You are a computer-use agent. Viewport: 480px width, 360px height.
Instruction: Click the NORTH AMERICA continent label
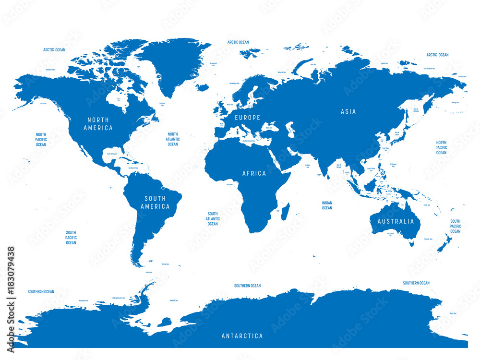[x=98, y=124]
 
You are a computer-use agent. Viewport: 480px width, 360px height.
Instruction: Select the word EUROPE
[x=247, y=118]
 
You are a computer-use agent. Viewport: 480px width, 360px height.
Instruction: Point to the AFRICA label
[x=254, y=173]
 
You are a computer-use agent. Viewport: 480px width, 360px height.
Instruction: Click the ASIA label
[x=348, y=111]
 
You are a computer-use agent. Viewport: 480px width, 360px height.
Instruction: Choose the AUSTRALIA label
[x=396, y=221]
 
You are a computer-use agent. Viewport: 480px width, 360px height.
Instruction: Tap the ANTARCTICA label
[x=242, y=336]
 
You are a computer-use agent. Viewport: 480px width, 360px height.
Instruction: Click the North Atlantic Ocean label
[x=173, y=139]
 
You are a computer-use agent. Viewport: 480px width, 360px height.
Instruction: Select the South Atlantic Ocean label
[x=213, y=219]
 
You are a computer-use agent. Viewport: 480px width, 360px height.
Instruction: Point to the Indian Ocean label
[x=327, y=205]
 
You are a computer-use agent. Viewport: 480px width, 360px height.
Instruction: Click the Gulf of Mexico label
[x=112, y=154]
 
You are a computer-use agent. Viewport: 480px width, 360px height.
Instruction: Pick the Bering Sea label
[x=455, y=102]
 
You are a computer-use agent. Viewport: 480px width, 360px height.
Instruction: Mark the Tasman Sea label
[x=428, y=239]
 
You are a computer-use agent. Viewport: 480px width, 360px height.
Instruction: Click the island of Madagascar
[x=272, y=211]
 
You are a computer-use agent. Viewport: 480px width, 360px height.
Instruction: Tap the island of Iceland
[x=202, y=87]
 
